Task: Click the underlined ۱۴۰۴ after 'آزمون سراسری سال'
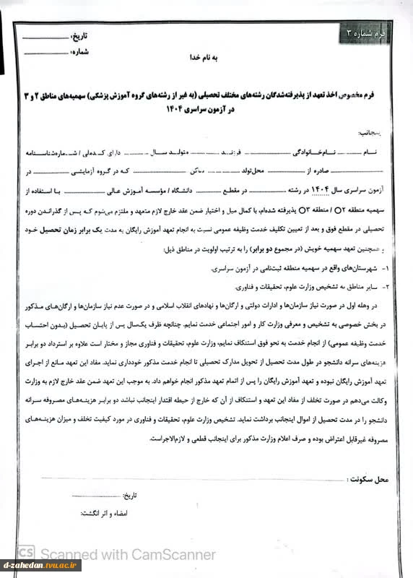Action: tap(322, 190)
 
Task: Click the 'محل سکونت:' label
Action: tap(368, 480)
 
